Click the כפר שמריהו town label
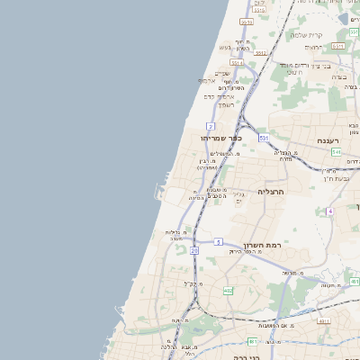[x=219, y=139]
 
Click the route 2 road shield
[x=210, y=125]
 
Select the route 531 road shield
[x=264, y=138]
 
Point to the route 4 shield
[x=330, y=211]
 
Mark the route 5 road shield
[x=218, y=242]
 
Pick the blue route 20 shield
[x=193, y=251]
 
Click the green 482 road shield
[x=228, y=291]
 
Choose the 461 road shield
[x=323, y=319]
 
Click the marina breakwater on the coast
[x=160, y=191]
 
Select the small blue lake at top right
[x=345, y=19]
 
